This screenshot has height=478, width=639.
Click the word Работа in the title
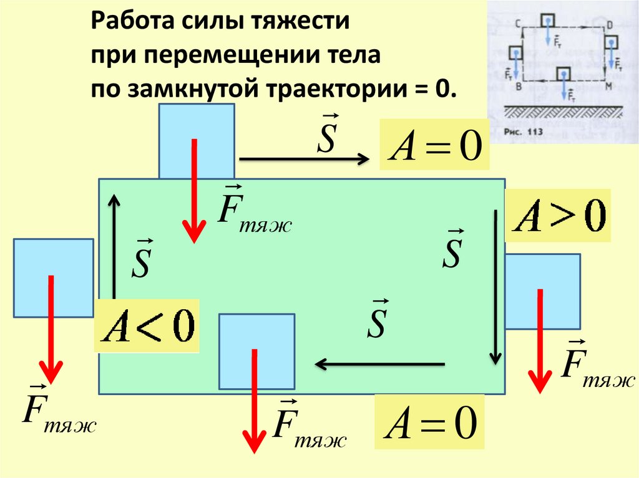134,21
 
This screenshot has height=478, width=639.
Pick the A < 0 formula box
149,327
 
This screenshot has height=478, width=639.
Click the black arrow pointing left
380,363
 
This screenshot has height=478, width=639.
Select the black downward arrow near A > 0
495,287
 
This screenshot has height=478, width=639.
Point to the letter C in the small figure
519,24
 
